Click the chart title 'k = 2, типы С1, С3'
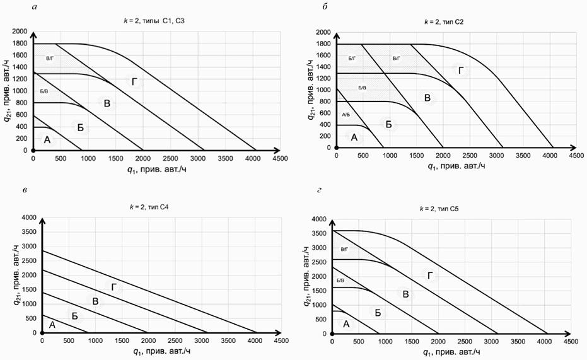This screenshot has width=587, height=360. pyautogui.click(x=154, y=21)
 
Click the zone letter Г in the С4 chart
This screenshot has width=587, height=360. pyautogui.click(x=114, y=287)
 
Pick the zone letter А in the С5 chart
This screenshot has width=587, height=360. pyautogui.click(x=346, y=323)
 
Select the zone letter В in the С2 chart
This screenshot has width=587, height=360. pyautogui.click(x=427, y=98)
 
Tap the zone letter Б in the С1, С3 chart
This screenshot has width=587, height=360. pyautogui.click(x=80, y=127)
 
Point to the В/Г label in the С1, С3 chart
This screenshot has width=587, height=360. pyautogui.click(x=50, y=59)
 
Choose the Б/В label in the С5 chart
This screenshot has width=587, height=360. pyautogui.click(x=340, y=280)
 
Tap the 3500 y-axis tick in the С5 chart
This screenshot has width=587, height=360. pyautogui.click(x=319, y=233)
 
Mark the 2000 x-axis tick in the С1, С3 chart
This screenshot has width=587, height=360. pyautogui.click(x=143, y=159)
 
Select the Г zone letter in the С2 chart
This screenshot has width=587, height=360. pyautogui.click(x=461, y=70)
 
